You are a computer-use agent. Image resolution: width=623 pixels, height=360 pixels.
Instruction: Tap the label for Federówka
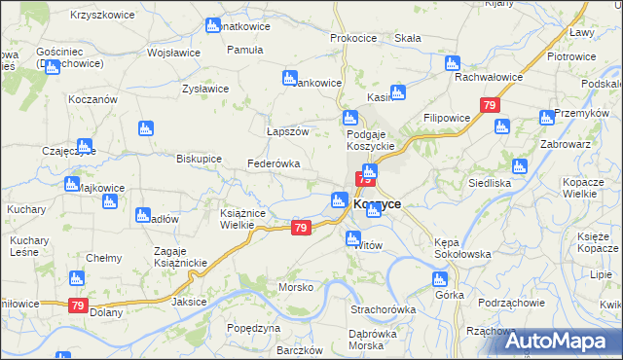pyautogui.click(x=274, y=163)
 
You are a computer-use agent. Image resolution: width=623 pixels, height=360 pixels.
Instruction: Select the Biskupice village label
pyautogui.click(x=199, y=158)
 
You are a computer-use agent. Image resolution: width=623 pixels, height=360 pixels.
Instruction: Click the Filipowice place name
pyautogui.click(x=448, y=117)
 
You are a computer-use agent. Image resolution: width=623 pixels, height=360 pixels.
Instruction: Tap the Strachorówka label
pyautogui.click(x=383, y=309)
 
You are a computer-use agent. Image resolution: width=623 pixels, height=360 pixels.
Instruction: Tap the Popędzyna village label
pyautogui.click(x=253, y=328)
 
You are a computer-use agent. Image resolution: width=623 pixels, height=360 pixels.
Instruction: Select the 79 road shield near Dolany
pyautogui.click(x=79, y=306)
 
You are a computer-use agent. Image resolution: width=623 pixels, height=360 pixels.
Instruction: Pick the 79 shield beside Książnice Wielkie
pyautogui.click(x=301, y=228)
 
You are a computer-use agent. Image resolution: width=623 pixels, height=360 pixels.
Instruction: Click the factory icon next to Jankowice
pyautogui.click(x=289, y=78)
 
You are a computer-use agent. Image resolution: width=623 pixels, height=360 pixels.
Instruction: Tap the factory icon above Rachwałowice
pyautogui.click(x=451, y=62)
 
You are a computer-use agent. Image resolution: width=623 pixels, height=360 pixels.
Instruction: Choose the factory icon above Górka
pyautogui.click(x=440, y=279)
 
